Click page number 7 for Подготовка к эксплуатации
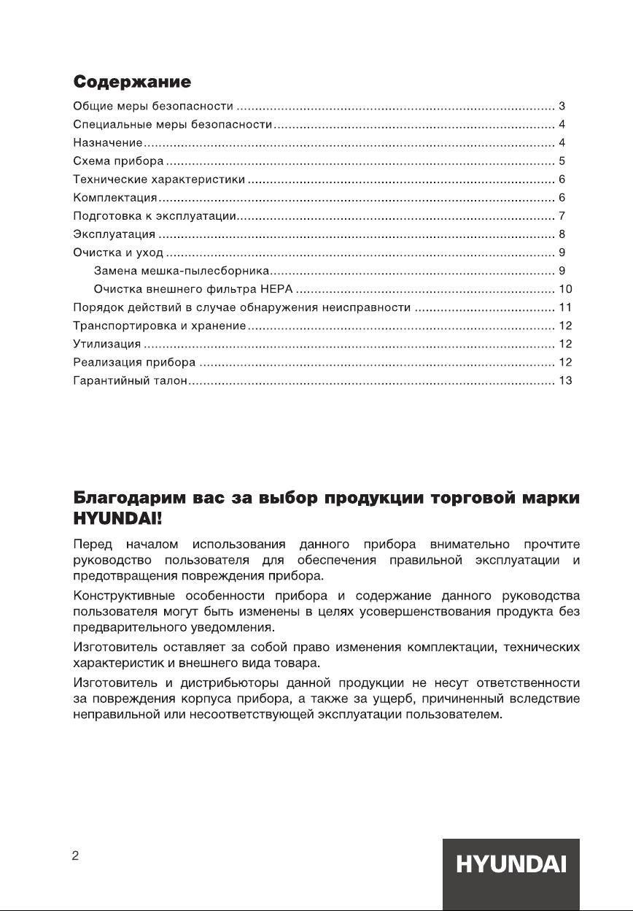pos(562,216)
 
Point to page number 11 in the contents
pos(564,307)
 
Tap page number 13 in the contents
pos(565,380)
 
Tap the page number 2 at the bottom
pos(75,856)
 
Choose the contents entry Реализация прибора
pos(134,362)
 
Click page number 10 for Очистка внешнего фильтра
pos(565,289)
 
